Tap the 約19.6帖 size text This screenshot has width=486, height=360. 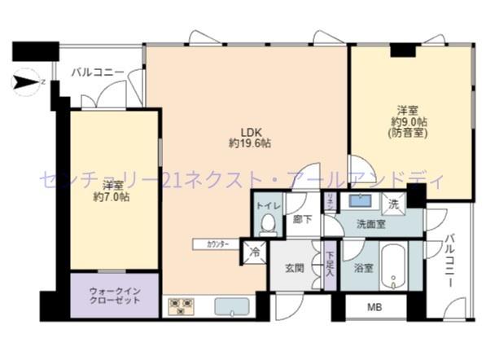(249, 143)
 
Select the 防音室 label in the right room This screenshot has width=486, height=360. (408, 133)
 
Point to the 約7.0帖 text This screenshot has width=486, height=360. (112, 196)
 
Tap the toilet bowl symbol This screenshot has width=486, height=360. (267, 225)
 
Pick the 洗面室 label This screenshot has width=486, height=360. (370, 224)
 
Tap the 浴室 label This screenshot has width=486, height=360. (363, 267)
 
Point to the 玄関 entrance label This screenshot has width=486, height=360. (294, 267)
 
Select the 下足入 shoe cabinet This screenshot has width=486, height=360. (330, 262)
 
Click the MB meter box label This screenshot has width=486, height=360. (374, 307)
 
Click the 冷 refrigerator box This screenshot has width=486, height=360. (254, 253)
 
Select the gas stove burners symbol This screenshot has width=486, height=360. (180, 307)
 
